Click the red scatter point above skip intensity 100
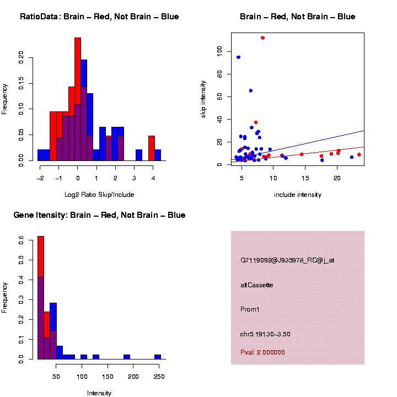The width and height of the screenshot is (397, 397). coord(262,38)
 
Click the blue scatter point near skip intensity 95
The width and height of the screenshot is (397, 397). coord(238,57)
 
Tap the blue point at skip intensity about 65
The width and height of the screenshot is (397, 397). coord(251,90)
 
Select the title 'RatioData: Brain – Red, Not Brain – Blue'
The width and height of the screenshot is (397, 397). coord(99,17)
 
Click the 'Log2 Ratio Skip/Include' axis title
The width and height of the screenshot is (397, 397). coord(99,194)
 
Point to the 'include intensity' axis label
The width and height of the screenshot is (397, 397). coord(298,195)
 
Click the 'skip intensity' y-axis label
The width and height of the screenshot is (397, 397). coord(203,99)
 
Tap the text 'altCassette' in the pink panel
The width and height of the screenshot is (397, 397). coord(256,285)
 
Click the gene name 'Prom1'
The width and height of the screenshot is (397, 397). coord(250,309)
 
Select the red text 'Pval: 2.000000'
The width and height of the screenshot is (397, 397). coord(262,352)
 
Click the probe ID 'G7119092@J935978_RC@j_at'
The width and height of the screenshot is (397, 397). coord(287,260)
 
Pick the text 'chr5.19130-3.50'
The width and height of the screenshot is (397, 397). coord(265,334)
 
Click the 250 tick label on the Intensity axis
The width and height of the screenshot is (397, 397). coord(158,377)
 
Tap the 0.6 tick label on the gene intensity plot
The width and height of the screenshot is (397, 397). coord(21,240)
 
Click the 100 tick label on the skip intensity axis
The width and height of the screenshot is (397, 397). coord(219,50)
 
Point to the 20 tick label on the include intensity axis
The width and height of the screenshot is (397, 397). coord(337,178)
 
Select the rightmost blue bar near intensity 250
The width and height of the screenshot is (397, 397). coord(158,357)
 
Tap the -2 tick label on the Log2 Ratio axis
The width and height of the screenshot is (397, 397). coord(40,178)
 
